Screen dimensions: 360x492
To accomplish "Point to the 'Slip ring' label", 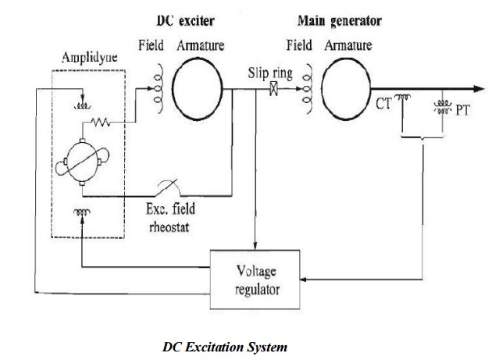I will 270,74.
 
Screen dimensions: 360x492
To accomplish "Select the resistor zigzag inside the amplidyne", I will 103,122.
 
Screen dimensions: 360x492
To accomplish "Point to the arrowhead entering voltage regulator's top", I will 256,248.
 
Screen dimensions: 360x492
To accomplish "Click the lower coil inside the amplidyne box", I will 80,211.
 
